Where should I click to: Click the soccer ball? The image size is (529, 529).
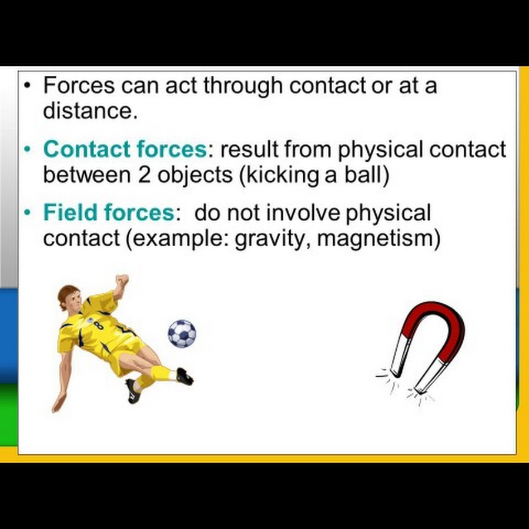182,333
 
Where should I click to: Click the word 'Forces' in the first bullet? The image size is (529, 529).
79,85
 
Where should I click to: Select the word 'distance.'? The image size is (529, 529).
91,111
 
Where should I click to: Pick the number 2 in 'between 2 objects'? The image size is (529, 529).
144,175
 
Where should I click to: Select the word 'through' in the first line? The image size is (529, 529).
243,86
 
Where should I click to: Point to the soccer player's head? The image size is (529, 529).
69,297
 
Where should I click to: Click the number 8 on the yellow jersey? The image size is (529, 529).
99,326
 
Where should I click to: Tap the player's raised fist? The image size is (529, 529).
122,280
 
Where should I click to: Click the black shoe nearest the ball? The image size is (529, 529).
185,377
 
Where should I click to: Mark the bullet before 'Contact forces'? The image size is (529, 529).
27,149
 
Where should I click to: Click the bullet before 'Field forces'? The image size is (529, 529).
27,213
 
